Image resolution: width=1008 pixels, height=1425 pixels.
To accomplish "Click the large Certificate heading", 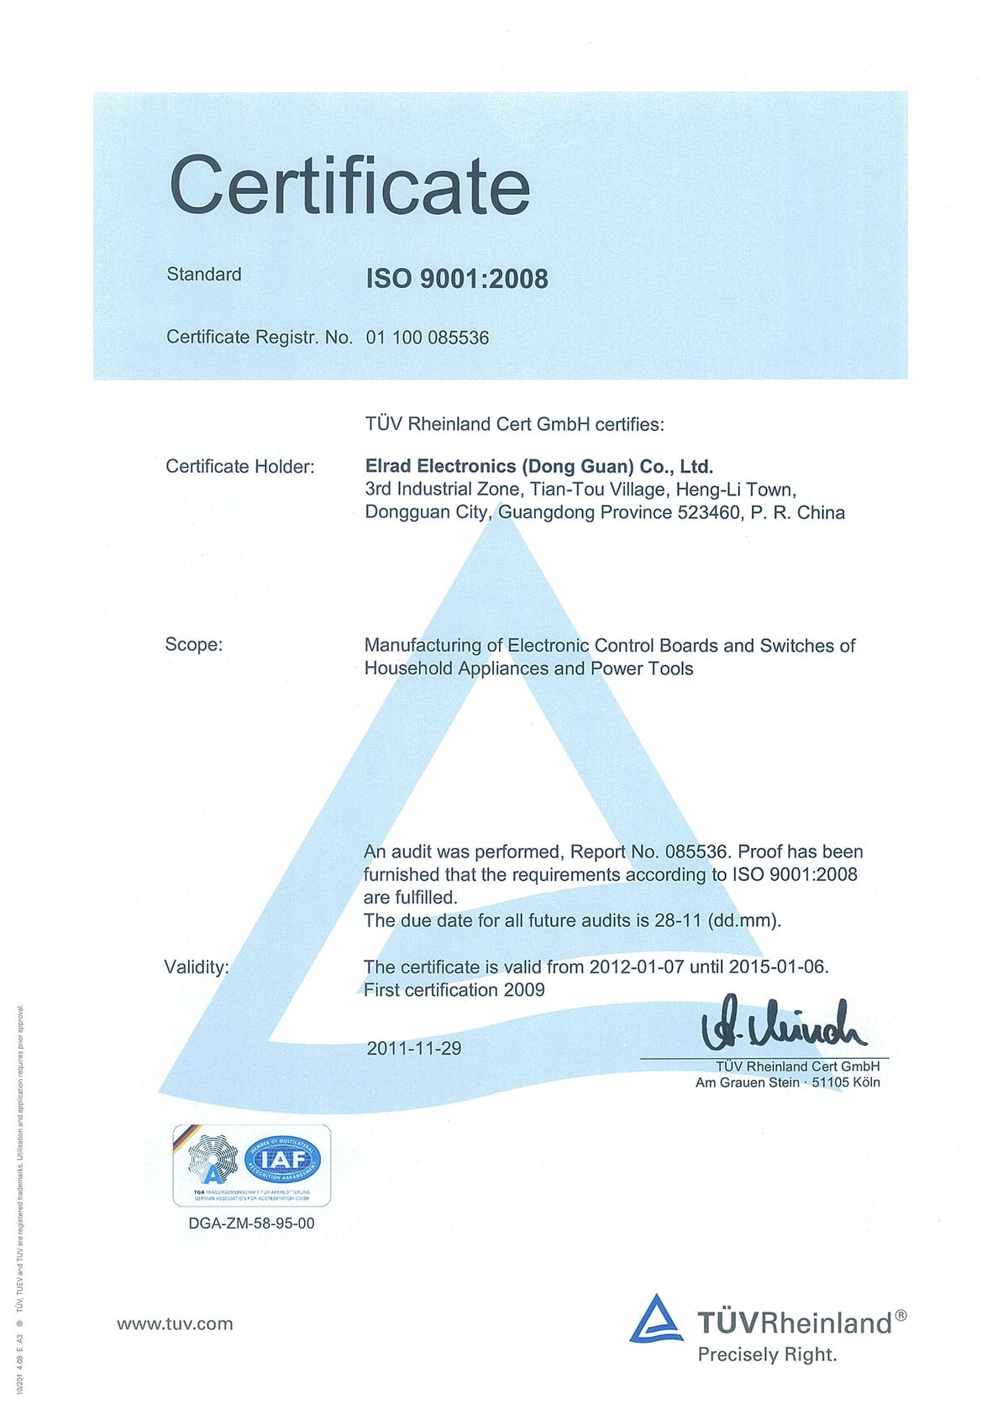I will pyautogui.click(x=349, y=186).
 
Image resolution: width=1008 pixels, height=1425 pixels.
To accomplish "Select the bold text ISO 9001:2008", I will pyautogui.click(x=456, y=279).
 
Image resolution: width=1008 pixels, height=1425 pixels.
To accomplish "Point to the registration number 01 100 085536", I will pyautogui.click(x=427, y=338).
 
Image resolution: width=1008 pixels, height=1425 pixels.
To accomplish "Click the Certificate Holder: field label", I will pyautogui.click(x=240, y=467).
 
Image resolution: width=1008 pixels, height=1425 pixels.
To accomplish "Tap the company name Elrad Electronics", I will pyautogui.click(x=441, y=466).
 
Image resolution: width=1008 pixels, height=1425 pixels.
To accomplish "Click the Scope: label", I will pyautogui.click(x=194, y=645).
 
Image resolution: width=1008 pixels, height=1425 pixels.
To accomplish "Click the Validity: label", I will pyautogui.click(x=197, y=967).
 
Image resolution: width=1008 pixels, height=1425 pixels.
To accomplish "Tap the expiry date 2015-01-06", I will pyautogui.click(x=777, y=967).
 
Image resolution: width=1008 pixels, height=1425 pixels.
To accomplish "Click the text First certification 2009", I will pyautogui.click(x=454, y=990).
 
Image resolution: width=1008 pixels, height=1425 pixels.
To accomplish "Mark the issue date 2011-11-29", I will pyautogui.click(x=414, y=1048).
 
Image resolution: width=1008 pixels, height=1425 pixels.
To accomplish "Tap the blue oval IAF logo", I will pyautogui.click(x=283, y=1160).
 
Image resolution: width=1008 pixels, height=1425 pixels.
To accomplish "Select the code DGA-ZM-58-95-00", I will pyautogui.click(x=252, y=1223).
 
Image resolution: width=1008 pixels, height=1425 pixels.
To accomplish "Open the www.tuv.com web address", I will pyautogui.click(x=175, y=1324).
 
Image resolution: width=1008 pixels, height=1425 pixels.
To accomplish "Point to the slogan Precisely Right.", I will pyautogui.click(x=767, y=1354).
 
